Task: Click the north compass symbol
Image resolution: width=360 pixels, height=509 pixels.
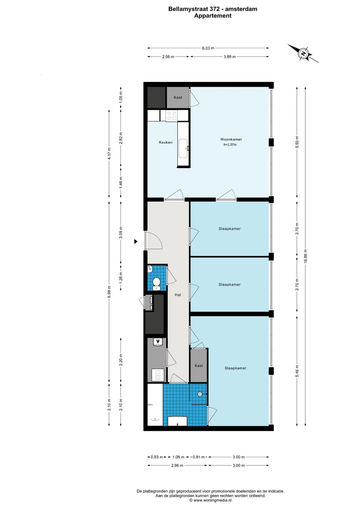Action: pyautogui.click(x=303, y=54)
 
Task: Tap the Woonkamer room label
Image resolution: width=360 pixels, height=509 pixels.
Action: pyautogui.click(x=231, y=139)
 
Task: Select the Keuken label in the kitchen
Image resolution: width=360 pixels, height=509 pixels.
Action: pyautogui.click(x=166, y=143)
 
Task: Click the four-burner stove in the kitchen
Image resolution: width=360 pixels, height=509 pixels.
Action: pyautogui.click(x=172, y=116)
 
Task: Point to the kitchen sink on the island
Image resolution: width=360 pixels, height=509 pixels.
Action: pyautogui.click(x=183, y=148)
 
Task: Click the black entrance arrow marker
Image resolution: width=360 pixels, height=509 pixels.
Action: pyautogui.click(x=136, y=242)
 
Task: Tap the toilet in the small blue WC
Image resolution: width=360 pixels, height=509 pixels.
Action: pyautogui.click(x=157, y=283)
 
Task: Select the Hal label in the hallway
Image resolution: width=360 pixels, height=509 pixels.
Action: pyautogui.click(x=178, y=295)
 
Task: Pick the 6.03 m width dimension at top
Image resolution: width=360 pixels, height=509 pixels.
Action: pyautogui.click(x=208, y=48)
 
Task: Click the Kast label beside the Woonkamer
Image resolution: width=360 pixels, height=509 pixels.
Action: pyautogui.click(x=178, y=98)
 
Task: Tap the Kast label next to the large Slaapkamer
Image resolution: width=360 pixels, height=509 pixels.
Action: pyautogui.click(x=199, y=366)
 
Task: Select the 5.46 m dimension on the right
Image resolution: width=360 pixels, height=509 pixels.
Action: pyautogui.click(x=297, y=371)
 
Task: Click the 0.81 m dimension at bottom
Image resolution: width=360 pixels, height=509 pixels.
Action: pyautogui.click(x=199, y=457)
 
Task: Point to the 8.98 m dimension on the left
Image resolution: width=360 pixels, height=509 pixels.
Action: pyautogui.click(x=109, y=292)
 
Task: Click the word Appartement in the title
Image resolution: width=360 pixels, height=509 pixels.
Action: pyautogui.click(x=213, y=16)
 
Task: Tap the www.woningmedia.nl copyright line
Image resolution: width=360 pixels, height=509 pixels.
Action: pyautogui.click(x=211, y=500)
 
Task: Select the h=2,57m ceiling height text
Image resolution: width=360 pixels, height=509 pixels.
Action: pyautogui.click(x=230, y=145)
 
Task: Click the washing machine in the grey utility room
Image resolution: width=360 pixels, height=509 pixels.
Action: pyautogui.click(x=158, y=375)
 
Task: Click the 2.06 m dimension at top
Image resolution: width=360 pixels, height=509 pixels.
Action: pyautogui.click(x=168, y=57)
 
